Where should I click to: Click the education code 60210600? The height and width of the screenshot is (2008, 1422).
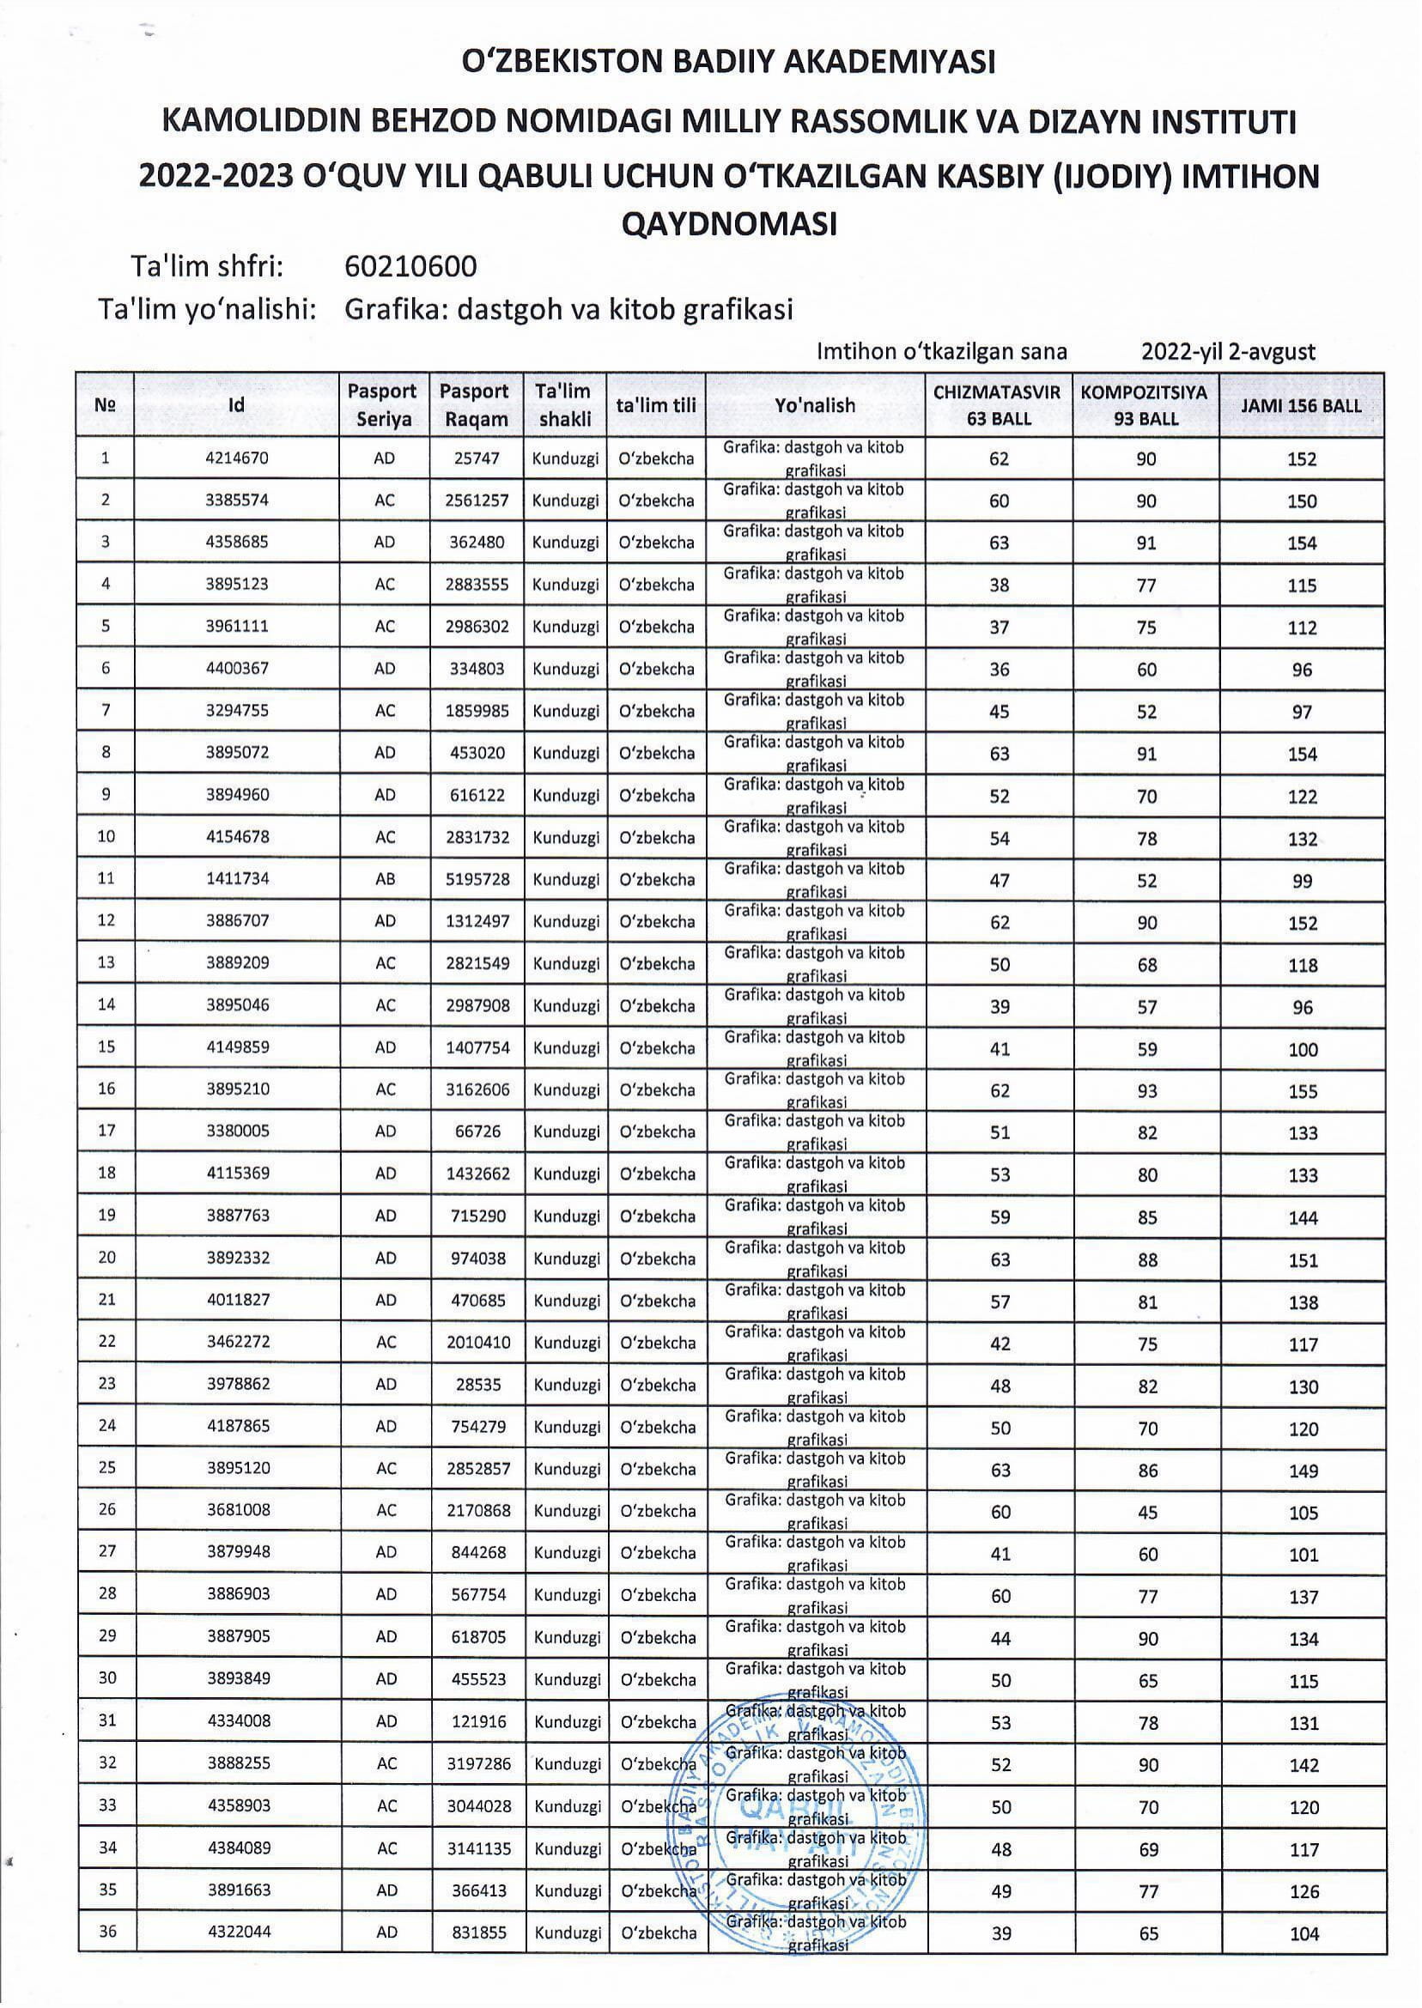click(x=410, y=266)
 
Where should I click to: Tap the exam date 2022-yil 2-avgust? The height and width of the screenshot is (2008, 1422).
click(x=1228, y=352)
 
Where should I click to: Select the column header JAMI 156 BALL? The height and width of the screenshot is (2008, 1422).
click(x=1301, y=405)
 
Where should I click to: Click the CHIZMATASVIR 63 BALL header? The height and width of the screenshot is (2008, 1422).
click(x=997, y=405)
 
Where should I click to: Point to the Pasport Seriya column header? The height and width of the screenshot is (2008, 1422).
click(x=383, y=405)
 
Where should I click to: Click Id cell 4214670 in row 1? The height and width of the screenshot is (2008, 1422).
click(x=236, y=458)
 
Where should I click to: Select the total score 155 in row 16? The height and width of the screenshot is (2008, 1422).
click(x=1302, y=1091)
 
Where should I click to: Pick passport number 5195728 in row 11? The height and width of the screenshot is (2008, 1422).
click(x=477, y=879)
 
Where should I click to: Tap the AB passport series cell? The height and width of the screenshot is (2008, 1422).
click(x=386, y=879)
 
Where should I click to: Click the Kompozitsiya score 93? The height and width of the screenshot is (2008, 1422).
click(x=1146, y=1091)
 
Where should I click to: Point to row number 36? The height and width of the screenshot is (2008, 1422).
click(x=107, y=1933)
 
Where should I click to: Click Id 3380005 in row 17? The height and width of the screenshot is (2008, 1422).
click(x=238, y=1131)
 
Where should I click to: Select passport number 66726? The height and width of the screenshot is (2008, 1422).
click(x=478, y=1131)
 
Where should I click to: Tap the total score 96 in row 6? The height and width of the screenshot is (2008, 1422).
click(x=1302, y=670)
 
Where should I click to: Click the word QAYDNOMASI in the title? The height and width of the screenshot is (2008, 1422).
click(x=728, y=224)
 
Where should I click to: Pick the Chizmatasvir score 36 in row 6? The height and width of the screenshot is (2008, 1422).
click(x=999, y=670)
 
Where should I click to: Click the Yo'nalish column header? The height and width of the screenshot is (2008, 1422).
click(x=815, y=405)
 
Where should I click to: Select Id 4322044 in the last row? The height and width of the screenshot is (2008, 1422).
click(x=239, y=1933)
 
